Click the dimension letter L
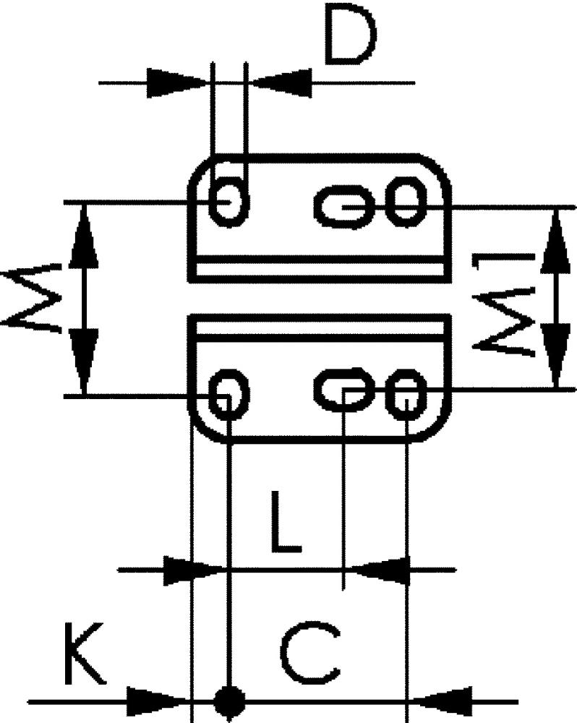click(286, 522)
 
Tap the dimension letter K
click(84, 654)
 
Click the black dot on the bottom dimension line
click(230, 701)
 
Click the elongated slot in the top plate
click(343, 207)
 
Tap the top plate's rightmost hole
click(406, 202)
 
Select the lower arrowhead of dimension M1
click(556, 355)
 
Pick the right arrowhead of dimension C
click(441, 701)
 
